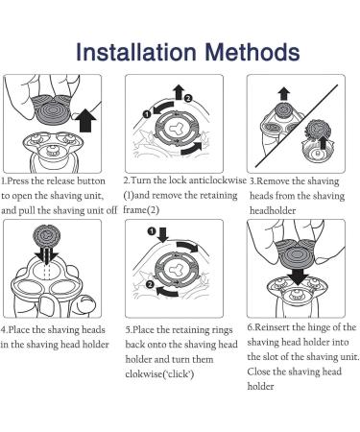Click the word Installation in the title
tap(136, 52)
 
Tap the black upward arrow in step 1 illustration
tap(85, 120)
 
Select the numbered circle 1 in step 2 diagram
tap(147, 114)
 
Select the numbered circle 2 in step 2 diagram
tap(188, 98)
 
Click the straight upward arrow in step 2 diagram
tap(179, 92)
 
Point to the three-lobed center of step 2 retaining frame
tap(176, 130)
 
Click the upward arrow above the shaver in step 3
tap(284, 95)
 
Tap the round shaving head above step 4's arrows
tap(47, 237)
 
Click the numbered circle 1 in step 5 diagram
tap(152, 231)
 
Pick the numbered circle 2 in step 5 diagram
tap(150, 284)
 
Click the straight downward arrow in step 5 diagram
tap(163, 234)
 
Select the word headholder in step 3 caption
tap(273, 210)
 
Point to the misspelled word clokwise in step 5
tap(144, 373)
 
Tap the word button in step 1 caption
tap(91, 180)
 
